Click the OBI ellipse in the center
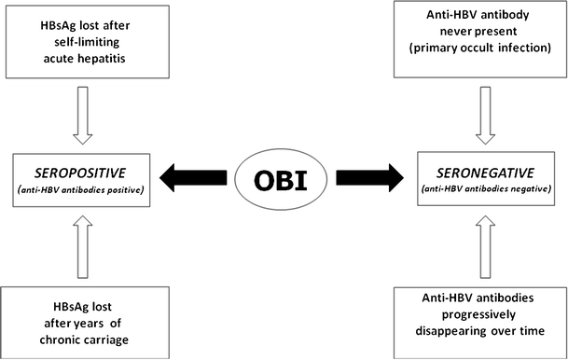[284, 175]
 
